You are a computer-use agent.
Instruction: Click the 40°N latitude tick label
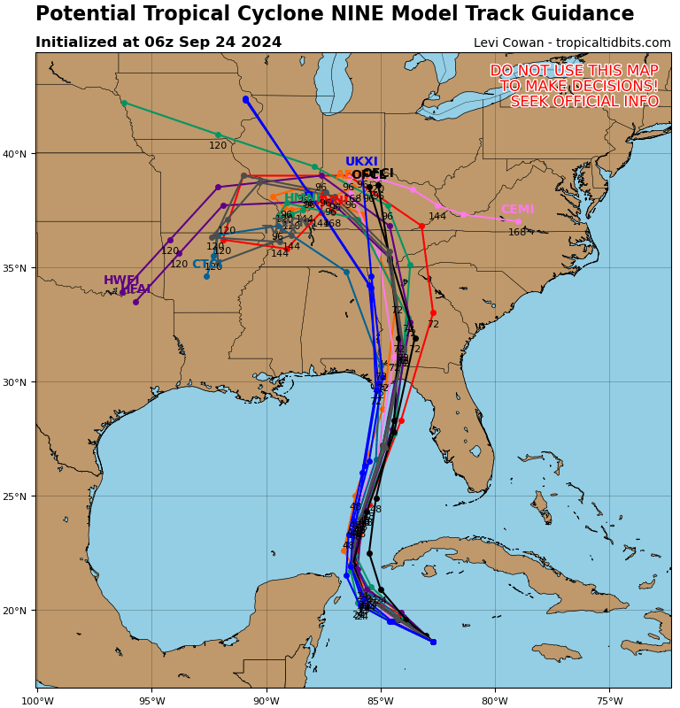point(16,154)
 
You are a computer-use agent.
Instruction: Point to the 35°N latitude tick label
point(16,268)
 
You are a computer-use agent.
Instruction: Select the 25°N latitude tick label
point(16,496)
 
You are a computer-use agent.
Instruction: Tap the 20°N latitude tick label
point(16,611)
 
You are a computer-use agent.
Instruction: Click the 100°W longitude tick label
point(36,701)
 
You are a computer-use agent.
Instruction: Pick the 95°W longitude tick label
point(151,701)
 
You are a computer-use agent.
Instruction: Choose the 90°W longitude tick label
point(266,701)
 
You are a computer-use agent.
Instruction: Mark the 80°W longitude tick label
point(495,701)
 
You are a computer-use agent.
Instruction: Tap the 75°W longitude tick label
point(609,701)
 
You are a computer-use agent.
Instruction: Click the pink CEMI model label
point(517,210)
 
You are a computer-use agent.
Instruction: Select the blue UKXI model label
point(361,162)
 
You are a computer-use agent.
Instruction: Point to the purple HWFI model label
point(121,281)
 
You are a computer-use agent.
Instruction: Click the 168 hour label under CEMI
point(517,233)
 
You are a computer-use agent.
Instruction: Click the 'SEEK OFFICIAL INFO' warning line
point(584,102)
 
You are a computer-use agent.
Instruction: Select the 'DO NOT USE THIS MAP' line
point(574,71)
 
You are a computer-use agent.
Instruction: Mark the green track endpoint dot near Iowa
point(124,103)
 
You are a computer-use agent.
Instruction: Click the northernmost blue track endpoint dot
point(245,99)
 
